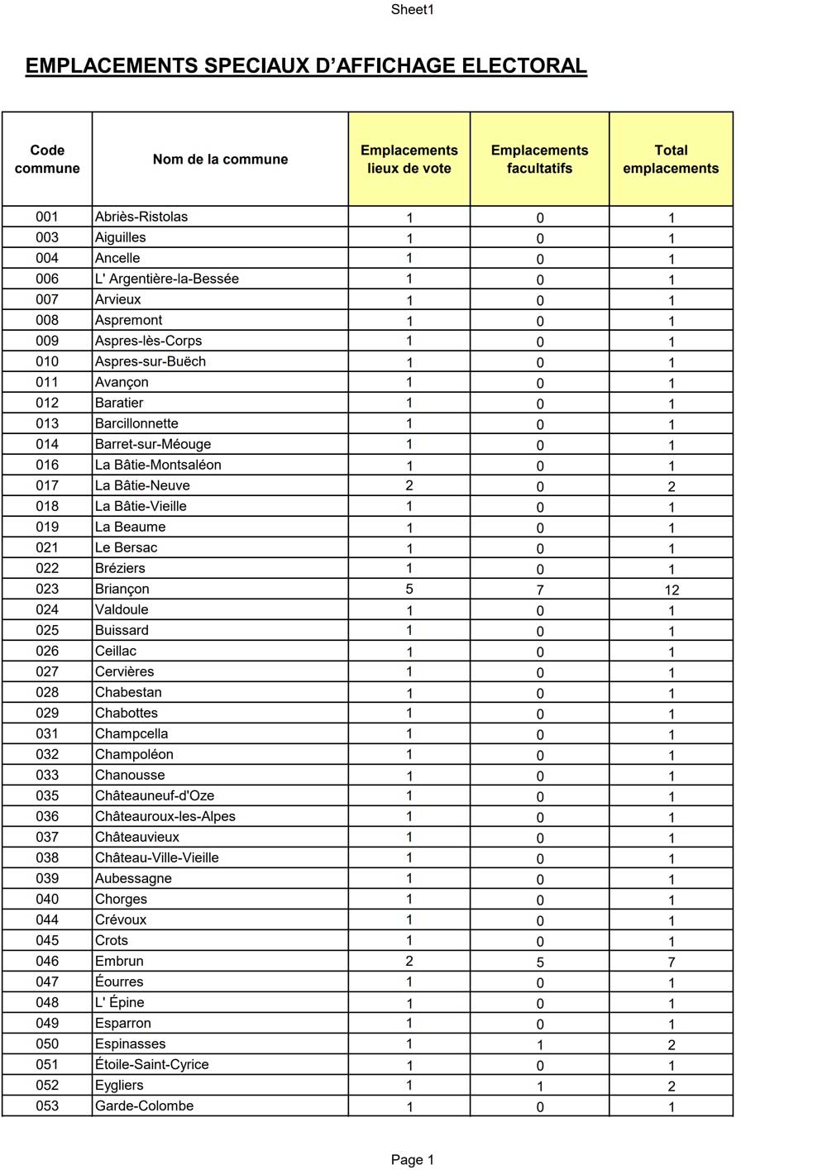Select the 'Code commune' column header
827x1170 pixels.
[x=47, y=160]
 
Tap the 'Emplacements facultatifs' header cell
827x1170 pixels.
[x=539, y=160]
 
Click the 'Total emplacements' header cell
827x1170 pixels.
[x=671, y=160]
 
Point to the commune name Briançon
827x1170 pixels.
[x=122, y=590]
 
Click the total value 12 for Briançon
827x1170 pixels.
[x=672, y=590]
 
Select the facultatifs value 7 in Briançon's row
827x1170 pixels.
[x=540, y=590]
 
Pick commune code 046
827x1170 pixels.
[x=47, y=962]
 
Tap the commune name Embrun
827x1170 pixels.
[x=119, y=962]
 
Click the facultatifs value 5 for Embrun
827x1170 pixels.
[x=540, y=962]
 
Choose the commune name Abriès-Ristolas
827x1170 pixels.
[x=141, y=217]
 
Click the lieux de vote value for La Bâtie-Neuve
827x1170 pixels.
[x=409, y=486]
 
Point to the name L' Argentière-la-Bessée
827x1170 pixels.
[x=167, y=279]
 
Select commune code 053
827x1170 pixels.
[x=47, y=1106]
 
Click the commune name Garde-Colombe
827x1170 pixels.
[x=144, y=1106]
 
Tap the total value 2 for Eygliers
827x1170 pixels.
[x=672, y=1086]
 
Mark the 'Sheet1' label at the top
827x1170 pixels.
[x=413, y=10]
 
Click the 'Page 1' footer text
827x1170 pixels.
[x=412, y=1160]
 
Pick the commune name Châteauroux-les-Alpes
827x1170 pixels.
[x=165, y=817]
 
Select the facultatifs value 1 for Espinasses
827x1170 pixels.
[x=540, y=1045]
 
